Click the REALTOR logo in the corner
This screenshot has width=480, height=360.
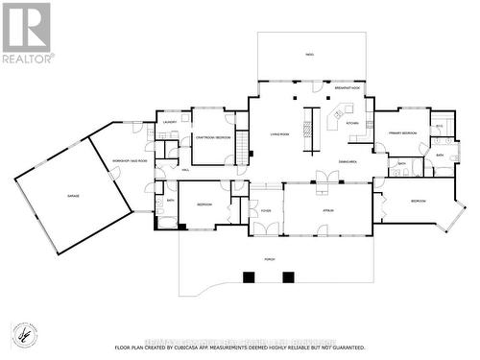click(27, 31)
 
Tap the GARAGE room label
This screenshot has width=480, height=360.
click(73, 195)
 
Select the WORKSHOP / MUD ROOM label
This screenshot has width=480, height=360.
click(129, 161)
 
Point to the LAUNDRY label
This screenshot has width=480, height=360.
click(169, 123)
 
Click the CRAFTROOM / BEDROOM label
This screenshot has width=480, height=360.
click(212, 137)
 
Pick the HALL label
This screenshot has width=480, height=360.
click(185, 169)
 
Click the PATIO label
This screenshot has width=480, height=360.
click(309, 55)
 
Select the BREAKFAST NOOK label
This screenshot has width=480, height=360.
click(348, 87)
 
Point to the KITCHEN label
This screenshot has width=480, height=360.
click(352, 123)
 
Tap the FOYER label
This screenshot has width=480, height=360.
click(265, 210)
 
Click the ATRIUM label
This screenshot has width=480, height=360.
click(327, 209)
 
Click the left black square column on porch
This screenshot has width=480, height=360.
click(249, 277)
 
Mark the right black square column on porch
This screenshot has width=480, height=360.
click(288, 277)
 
